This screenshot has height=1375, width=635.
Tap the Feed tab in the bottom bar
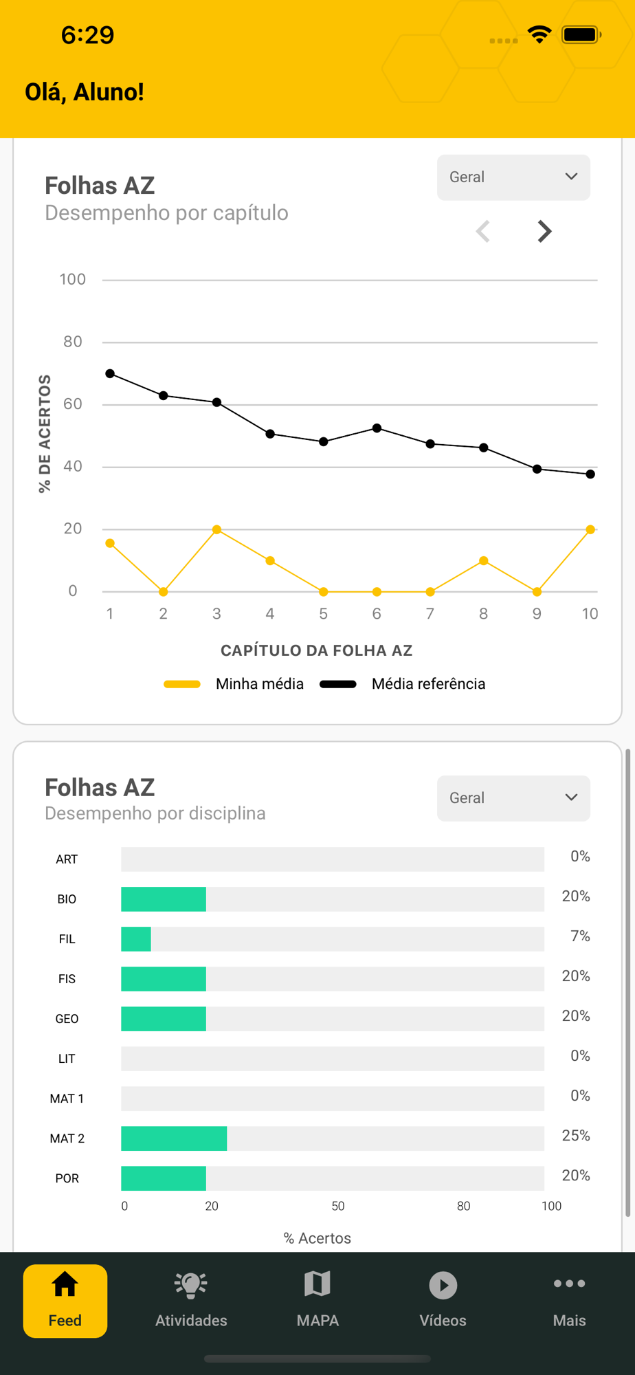tap(65, 1301)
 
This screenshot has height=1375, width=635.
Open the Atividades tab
tap(191, 1301)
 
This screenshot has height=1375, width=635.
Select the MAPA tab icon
tap(317, 1284)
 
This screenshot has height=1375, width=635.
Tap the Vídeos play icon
tap(443, 1285)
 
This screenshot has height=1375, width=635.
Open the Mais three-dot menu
tap(569, 1284)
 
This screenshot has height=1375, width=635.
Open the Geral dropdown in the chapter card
tap(513, 177)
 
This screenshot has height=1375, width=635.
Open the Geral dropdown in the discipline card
tap(513, 798)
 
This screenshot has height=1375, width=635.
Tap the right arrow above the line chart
tap(544, 232)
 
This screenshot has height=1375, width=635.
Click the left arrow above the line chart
tap(483, 232)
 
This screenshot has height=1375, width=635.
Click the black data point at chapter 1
tap(110, 374)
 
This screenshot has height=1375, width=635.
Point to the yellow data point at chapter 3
tap(216, 529)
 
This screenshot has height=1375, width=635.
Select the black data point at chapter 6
tap(377, 428)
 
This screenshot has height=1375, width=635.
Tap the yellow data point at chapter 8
tap(484, 561)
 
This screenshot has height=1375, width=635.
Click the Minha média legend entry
tap(234, 684)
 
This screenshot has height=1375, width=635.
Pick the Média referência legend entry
tap(403, 684)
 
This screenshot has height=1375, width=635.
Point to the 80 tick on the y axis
tap(73, 342)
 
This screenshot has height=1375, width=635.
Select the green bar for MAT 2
tap(174, 1138)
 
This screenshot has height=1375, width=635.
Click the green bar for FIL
tap(136, 939)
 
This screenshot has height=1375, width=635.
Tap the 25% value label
tap(576, 1136)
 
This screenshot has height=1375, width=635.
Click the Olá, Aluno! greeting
tap(85, 92)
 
